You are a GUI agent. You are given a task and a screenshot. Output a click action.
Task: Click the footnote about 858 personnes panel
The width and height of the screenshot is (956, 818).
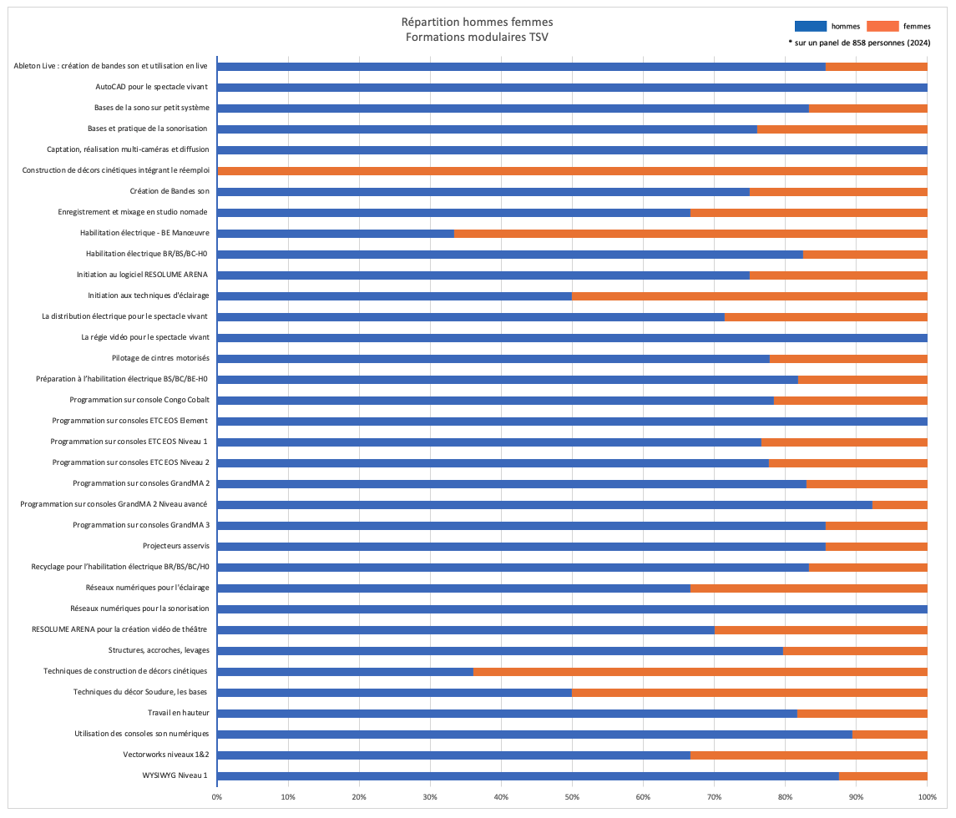859,42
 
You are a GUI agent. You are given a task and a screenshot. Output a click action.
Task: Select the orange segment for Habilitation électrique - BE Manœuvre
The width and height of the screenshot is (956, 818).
690,234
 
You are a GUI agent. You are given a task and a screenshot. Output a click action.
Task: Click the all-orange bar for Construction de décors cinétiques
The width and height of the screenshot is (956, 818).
572,171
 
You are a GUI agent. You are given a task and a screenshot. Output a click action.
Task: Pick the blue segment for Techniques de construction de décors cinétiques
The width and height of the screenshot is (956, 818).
345,672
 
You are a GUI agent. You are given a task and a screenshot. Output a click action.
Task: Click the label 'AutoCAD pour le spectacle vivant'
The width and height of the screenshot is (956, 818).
157,87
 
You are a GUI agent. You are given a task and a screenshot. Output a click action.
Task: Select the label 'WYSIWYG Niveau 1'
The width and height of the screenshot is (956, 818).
176,776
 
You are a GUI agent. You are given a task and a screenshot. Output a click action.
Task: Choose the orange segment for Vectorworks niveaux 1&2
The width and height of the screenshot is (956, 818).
808,755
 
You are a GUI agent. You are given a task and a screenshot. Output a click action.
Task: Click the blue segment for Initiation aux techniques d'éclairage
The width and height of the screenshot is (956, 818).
394,296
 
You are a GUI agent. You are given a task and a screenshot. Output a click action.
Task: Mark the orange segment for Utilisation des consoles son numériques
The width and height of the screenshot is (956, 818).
889,735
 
